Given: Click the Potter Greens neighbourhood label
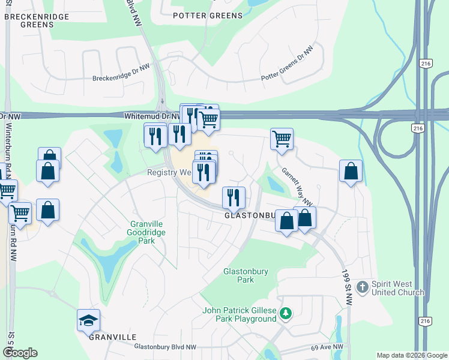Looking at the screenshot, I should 207,15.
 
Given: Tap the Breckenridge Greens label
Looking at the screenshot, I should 37,21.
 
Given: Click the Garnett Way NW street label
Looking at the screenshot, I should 298,185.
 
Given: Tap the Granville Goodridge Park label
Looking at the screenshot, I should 146,232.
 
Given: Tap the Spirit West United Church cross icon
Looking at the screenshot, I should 361,287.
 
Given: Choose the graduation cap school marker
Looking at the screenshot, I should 88,320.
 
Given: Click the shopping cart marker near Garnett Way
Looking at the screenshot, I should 282,139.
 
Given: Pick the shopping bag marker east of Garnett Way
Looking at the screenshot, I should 351,171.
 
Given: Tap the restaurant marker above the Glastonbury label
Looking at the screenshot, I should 234,197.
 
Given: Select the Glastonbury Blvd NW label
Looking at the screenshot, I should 165,347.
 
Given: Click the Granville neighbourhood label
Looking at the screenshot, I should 112,337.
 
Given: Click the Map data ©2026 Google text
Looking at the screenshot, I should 412,355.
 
